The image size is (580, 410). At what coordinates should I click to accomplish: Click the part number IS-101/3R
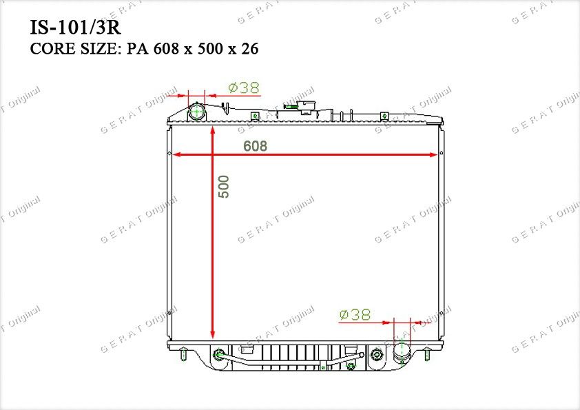[76, 28]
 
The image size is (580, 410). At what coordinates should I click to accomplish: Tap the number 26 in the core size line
[250, 49]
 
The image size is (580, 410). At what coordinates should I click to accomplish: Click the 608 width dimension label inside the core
[256, 146]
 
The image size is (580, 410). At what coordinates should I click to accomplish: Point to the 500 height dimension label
[224, 187]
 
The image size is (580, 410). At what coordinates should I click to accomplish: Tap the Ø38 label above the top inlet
[244, 88]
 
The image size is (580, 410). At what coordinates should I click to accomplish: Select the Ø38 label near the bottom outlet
[355, 315]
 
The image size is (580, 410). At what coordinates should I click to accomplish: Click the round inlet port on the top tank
[197, 112]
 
